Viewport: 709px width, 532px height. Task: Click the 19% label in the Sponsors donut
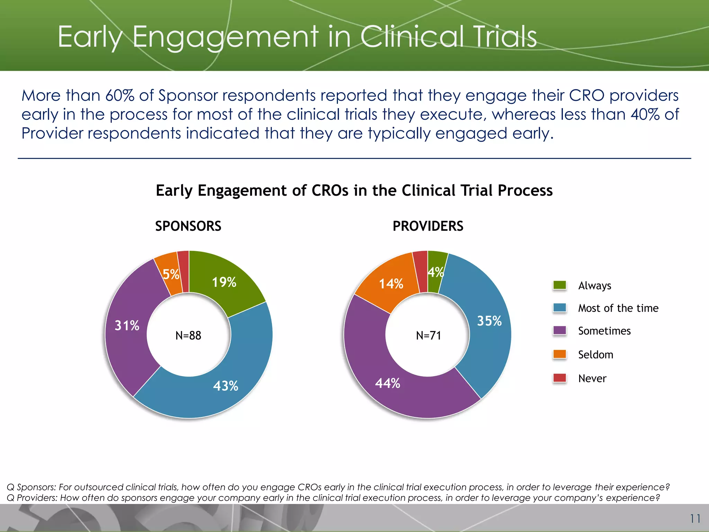224,282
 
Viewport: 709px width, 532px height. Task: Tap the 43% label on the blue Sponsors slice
225,386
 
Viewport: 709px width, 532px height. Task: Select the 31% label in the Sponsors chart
127,326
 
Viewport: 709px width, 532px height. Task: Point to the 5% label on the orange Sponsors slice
171,275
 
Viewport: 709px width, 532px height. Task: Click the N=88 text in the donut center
188,335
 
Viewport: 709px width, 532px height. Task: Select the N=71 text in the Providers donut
428,335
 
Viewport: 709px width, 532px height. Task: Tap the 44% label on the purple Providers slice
387,383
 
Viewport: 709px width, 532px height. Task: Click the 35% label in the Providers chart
489,321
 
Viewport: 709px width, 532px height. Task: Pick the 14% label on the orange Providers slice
391,284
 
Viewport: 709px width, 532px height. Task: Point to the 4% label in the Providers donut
435,273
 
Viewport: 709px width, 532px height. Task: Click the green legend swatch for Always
559,285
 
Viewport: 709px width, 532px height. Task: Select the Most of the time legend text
618,308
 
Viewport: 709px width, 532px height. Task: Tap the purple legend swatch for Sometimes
559,330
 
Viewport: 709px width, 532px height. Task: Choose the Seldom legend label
595,355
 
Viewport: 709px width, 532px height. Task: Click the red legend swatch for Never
559,378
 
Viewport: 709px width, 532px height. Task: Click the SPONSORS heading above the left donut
188,226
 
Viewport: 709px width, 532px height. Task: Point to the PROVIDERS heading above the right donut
428,226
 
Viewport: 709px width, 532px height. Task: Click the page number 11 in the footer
695,518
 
